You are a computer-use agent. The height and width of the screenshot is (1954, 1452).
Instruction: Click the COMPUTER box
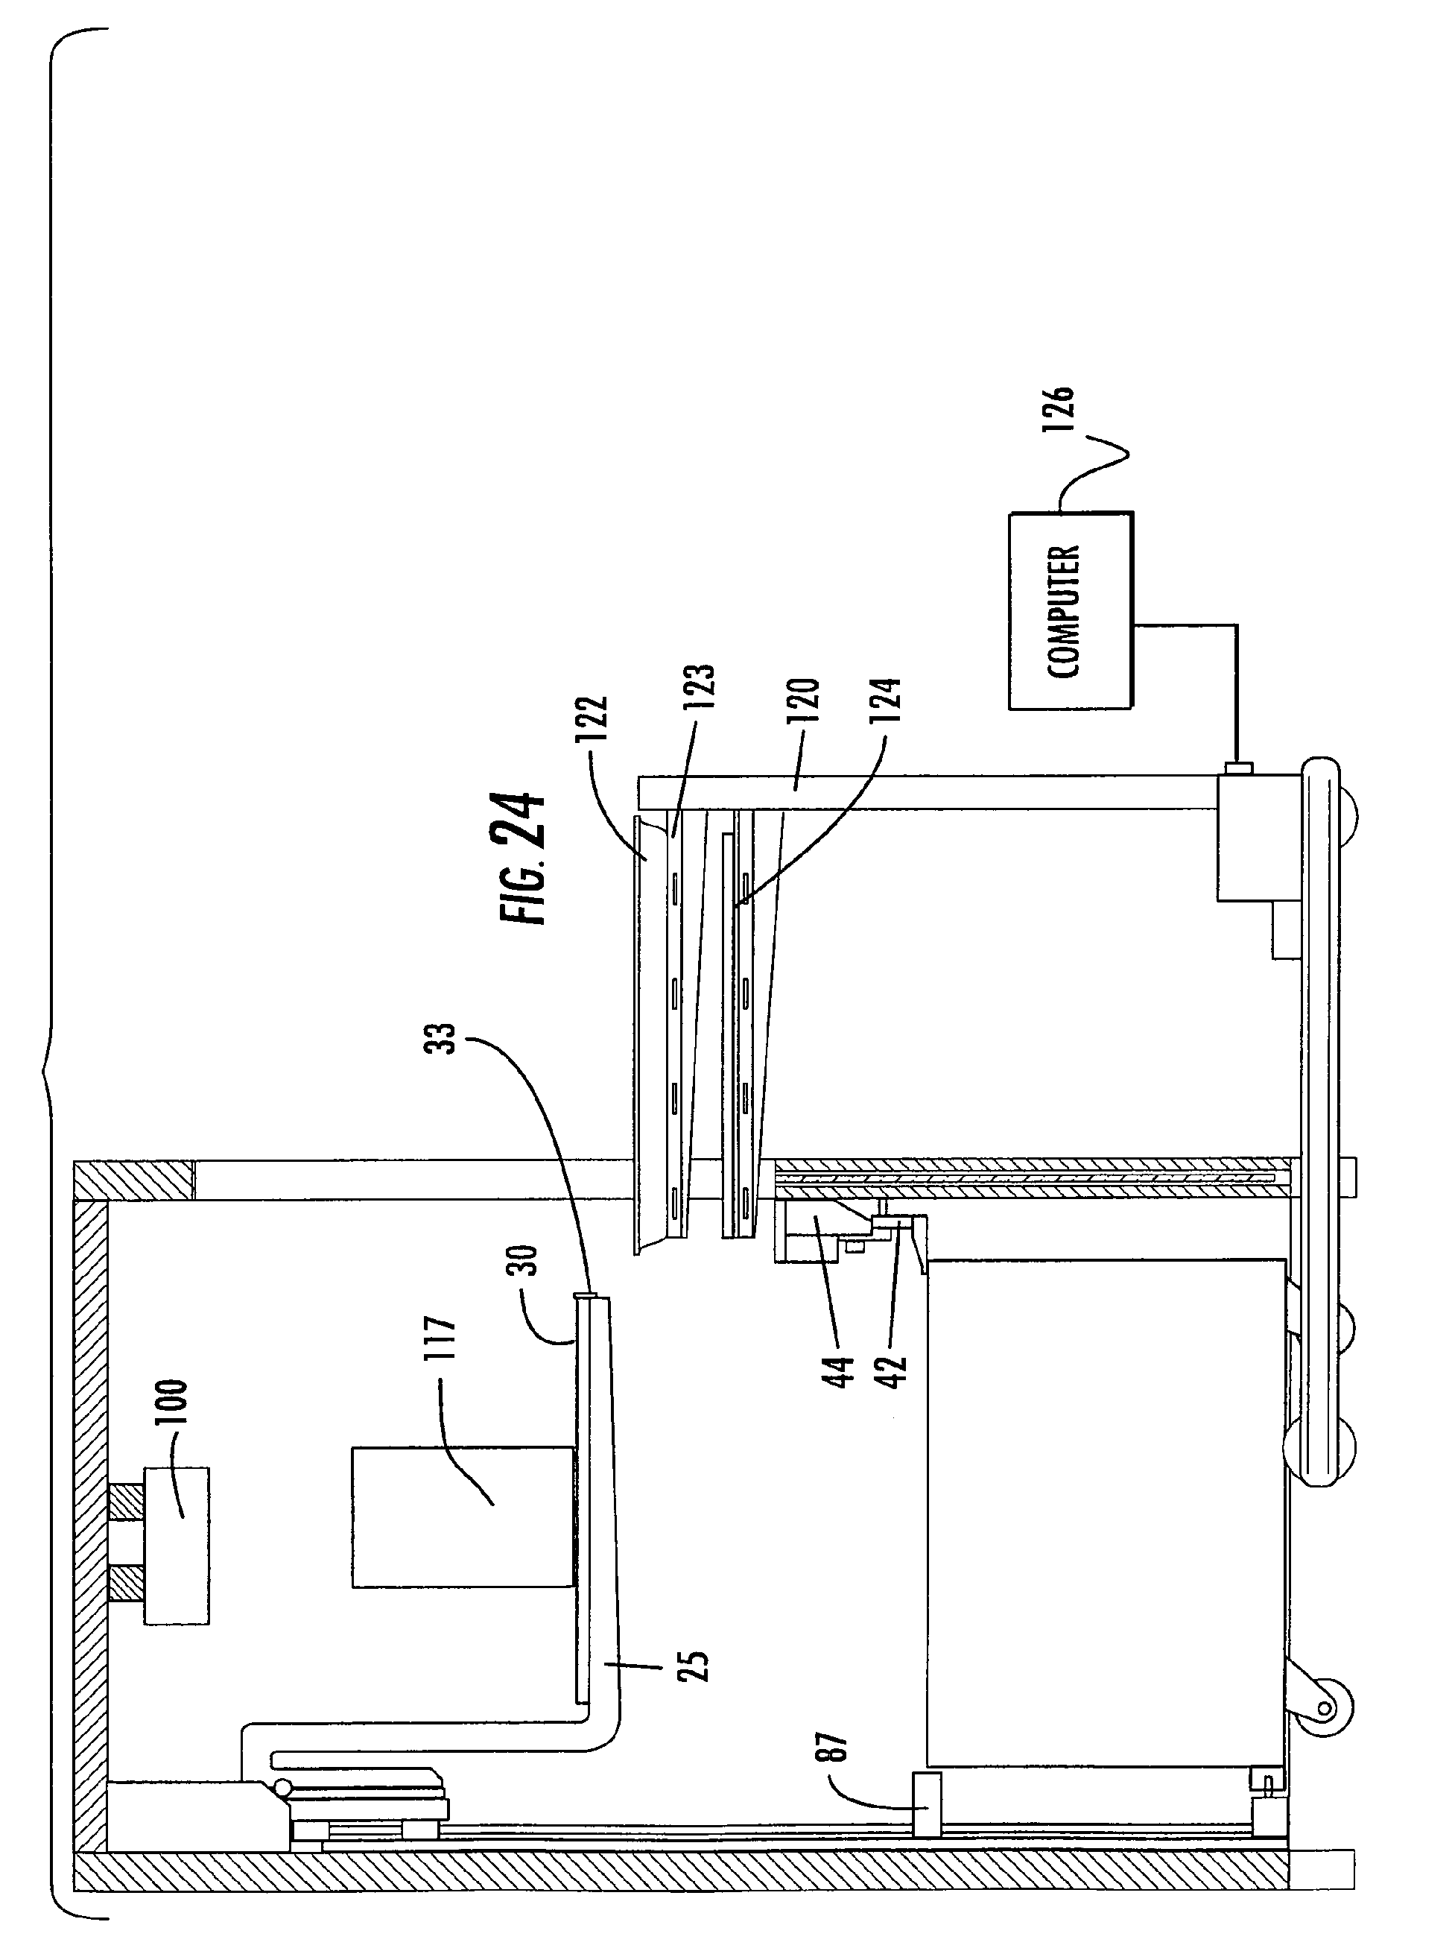[1071, 611]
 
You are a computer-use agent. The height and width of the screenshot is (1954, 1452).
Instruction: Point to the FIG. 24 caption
[522, 857]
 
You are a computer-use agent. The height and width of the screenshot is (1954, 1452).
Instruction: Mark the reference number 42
[892, 1372]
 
